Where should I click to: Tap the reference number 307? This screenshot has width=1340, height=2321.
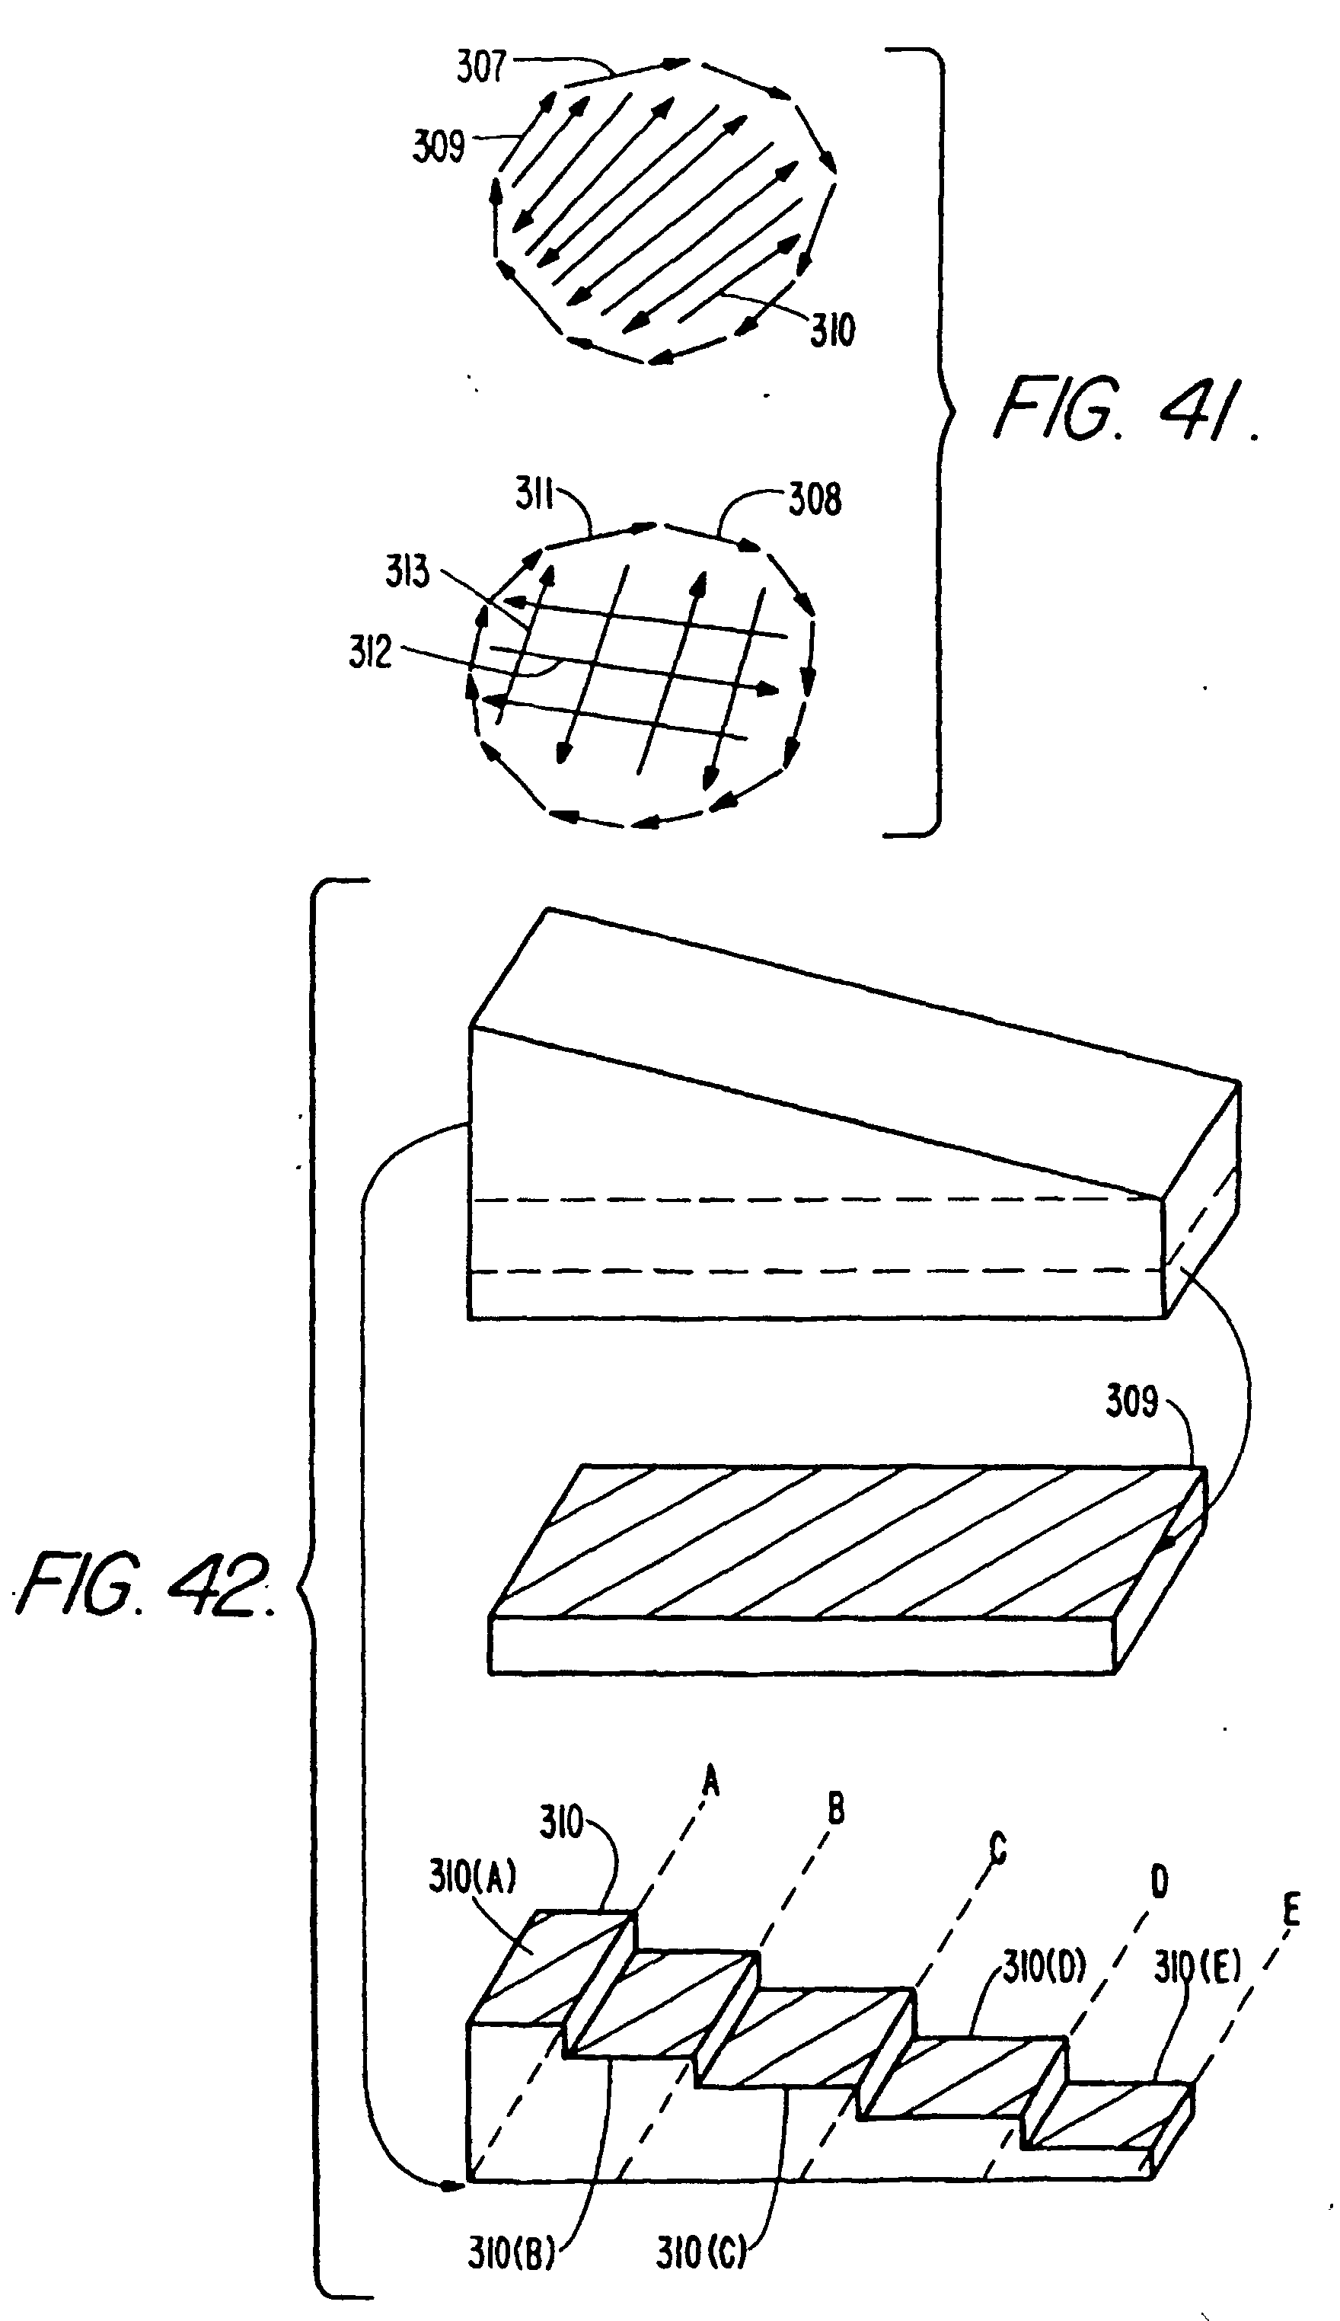click(481, 66)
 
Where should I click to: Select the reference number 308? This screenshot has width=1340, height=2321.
click(815, 499)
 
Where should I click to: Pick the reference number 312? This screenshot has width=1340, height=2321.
click(370, 652)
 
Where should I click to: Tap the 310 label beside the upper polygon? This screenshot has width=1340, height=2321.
click(832, 330)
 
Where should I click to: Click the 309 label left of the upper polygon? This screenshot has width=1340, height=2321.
click(438, 145)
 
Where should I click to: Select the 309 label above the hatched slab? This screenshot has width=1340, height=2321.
click(1131, 1402)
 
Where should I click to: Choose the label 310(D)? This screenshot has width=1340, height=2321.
click(1045, 1967)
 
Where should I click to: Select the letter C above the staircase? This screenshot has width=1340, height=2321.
click(997, 1848)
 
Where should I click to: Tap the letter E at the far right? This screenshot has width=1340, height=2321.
click(1291, 1911)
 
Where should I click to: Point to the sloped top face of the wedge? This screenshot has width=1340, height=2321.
click(856, 1050)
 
